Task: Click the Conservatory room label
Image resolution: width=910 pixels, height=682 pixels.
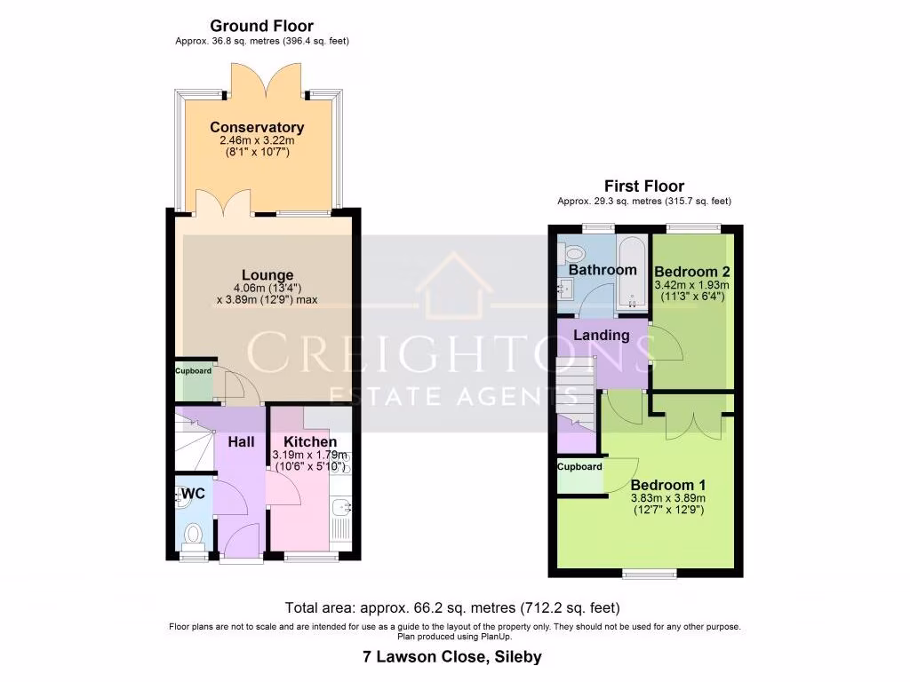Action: coord(257,128)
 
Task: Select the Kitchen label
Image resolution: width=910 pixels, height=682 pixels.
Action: coord(310,442)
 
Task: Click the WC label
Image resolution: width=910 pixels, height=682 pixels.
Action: coord(194,494)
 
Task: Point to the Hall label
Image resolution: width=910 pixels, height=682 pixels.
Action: coord(241,442)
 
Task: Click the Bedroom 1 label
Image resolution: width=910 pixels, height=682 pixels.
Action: coord(668,486)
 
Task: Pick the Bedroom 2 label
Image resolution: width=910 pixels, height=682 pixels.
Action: coord(690,272)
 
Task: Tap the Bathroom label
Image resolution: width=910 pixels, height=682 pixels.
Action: coord(603,270)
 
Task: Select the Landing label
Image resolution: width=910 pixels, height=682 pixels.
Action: coord(601,336)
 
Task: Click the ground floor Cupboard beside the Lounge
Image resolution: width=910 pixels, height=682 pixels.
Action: coord(193,371)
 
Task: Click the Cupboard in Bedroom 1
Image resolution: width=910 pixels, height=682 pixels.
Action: coord(579,467)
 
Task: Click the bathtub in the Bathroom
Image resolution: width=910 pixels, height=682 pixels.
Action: coord(632,271)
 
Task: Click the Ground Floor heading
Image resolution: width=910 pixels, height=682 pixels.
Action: coord(261,27)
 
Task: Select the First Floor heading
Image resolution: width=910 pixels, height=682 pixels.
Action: coord(644,186)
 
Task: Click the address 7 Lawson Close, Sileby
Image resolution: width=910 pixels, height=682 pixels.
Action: coord(452,658)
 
